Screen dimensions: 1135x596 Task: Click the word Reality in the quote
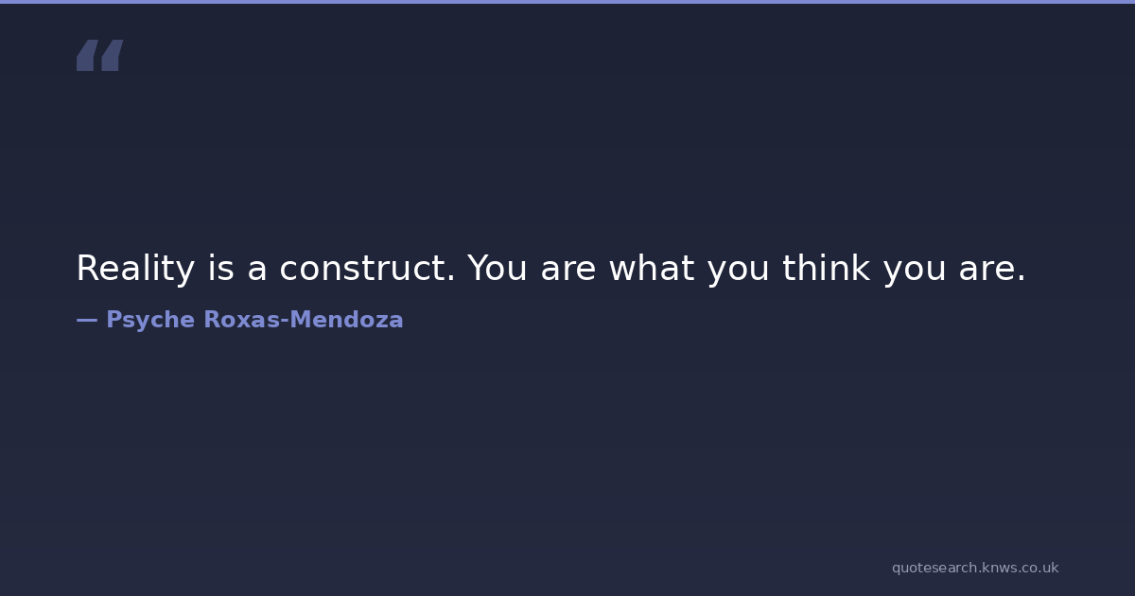(x=135, y=269)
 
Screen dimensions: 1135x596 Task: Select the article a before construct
(x=257, y=272)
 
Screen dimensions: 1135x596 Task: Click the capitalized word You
(x=498, y=268)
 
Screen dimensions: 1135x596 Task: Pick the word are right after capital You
(x=568, y=272)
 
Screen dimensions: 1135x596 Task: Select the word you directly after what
(x=739, y=273)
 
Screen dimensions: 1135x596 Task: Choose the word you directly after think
(x=915, y=273)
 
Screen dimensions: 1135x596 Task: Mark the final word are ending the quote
(x=986, y=272)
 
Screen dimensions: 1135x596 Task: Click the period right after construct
(x=451, y=278)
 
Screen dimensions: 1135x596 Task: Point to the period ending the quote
(x=1021, y=278)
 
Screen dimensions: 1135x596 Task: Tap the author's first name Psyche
(x=150, y=321)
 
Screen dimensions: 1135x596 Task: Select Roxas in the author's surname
(x=242, y=320)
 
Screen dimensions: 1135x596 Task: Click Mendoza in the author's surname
(x=346, y=320)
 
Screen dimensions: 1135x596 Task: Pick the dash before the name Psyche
(x=87, y=321)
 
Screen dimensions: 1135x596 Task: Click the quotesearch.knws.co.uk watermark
(x=975, y=568)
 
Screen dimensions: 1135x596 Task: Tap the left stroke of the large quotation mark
(x=87, y=55)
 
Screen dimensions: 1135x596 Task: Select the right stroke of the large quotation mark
(x=112, y=55)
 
